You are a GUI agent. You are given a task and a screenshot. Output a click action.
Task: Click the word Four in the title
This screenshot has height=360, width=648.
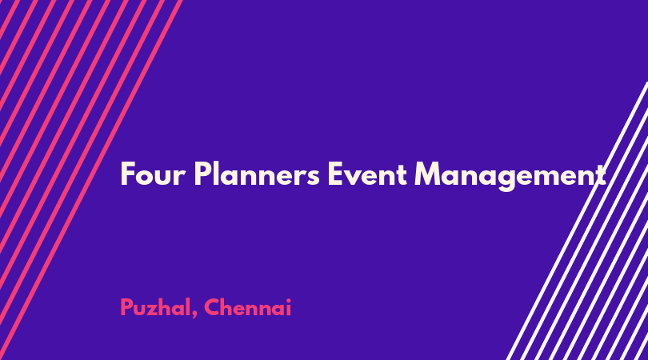[153, 174]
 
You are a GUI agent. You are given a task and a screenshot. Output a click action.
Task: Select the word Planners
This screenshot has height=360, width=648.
[257, 174]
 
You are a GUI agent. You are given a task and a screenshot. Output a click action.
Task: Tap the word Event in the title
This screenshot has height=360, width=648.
[367, 174]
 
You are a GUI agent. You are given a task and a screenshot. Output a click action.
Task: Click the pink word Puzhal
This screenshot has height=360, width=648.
[155, 308]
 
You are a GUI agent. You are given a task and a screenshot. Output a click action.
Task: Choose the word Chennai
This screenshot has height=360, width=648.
[247, 308]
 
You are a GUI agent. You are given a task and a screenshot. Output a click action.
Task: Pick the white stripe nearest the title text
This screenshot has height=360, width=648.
[577, 221]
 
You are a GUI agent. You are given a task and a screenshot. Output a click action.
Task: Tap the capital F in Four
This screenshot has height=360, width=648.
[128, 174]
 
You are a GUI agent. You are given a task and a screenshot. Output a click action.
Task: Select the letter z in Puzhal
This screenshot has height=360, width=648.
[157, 310]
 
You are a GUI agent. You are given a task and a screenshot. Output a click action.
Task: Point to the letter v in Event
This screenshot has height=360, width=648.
[354, 178]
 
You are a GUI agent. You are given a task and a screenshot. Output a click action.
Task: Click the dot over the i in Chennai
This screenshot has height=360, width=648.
[288, 300]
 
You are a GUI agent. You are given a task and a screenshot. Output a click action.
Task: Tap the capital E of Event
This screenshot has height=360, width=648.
[335, 174]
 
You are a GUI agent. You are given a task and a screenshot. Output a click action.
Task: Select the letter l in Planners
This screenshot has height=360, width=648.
[215, 174]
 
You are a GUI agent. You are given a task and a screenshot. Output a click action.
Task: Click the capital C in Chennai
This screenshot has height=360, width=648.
[211, 307]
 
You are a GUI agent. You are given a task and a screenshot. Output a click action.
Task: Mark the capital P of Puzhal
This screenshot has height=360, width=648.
[126, 307]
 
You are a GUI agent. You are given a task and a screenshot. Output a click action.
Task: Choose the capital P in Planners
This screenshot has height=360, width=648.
[202, 174]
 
